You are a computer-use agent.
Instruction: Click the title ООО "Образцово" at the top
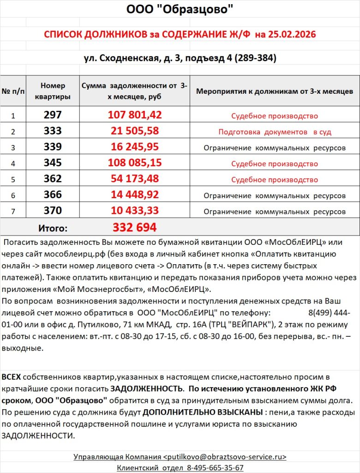[x=180, y=9]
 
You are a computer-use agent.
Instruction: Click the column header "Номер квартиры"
[x=53, y=91]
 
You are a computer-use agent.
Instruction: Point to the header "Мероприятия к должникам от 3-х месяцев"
[x=274, y=91]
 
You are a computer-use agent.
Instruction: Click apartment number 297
[x=53, y=115]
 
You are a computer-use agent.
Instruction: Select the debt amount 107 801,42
[x=135, y=115]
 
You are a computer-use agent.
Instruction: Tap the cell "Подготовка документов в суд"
[x=274, y=132]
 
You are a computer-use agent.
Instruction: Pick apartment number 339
[x=53, y=147]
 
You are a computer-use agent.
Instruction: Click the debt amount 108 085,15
[x=135, y=163]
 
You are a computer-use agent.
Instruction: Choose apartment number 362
[x=53, y=179]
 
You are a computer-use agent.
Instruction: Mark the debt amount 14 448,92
[x=135, y=195]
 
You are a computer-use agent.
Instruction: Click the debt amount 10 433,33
[x=135, y=211]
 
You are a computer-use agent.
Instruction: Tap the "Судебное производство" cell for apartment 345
[x=274, y=164]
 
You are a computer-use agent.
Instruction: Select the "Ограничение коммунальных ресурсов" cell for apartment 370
[x=274, y=212]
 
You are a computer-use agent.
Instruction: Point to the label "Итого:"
[x=53, y=228]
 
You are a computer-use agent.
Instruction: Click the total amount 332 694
[x=135, y=227]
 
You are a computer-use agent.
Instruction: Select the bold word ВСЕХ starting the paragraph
[x=12, y=377]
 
